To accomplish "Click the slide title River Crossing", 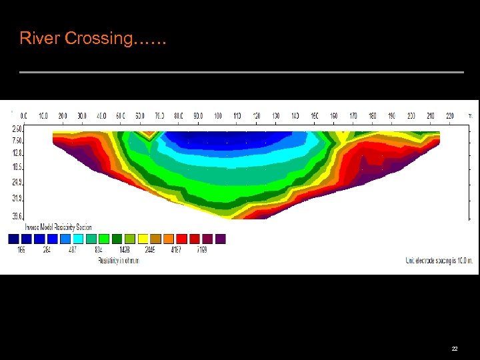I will [x=93, y=39].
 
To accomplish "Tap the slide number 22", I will [x=455, y=349].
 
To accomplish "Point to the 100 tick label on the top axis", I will [x=218, y=116].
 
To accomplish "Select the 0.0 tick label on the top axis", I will [x=24, y=116].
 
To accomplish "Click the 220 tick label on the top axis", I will [x=450, y=116].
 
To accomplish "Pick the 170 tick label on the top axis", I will [x=353, y=116].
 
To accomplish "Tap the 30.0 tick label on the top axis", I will [x=82, y=116].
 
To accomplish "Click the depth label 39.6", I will [x=17, y=215].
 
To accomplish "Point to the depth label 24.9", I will [x=17, y=181].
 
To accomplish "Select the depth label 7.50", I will [x=17, y=140].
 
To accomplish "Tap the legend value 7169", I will [x=201, y=250].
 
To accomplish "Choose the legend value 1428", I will [x=124, y=250].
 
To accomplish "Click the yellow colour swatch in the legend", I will [x=143, y=239].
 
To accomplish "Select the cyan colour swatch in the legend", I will [x=78, y=239].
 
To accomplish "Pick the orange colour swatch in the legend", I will [x=169, y=239].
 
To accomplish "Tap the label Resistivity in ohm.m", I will [x=117, y=260].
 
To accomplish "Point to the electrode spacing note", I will [x=439, y=260].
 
